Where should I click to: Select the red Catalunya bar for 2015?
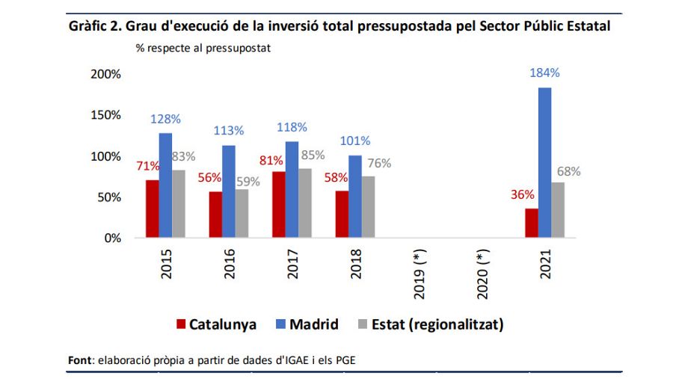coord(153,209)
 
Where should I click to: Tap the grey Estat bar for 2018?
coord(367,207)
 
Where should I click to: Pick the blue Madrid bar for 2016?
coord(229,191)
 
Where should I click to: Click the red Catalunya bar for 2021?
coord(532,224)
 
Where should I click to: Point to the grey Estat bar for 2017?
coord(304,203)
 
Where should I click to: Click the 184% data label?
coord(544,73)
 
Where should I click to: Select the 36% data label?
coord(522,194)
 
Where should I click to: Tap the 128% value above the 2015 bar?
coord(165,119)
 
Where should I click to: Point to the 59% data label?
coord(247,181)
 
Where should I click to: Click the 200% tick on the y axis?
coord(105,74)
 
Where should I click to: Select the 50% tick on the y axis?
coord(109,197)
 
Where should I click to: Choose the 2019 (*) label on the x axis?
coord(419,275)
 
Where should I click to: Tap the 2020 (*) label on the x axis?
coord(482,275)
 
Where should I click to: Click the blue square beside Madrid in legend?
coord(280,324)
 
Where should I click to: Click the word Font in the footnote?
coord(79,361)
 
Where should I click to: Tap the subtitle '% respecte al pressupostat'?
coord(203,47)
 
